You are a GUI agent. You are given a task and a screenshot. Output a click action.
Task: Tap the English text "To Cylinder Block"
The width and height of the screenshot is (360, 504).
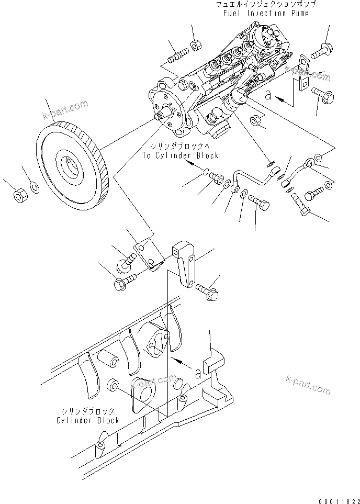(x=180, y=155)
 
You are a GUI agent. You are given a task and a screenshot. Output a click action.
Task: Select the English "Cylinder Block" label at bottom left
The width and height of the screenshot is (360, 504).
(x=88, y=420)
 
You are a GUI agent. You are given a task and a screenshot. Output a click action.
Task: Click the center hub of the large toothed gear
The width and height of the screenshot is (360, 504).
(x=70, y=166)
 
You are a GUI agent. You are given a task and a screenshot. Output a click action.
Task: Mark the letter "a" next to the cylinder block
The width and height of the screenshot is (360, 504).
(x=198, y=373)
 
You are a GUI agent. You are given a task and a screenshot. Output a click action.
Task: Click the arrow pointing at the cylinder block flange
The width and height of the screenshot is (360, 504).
(x=181, y=361)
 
